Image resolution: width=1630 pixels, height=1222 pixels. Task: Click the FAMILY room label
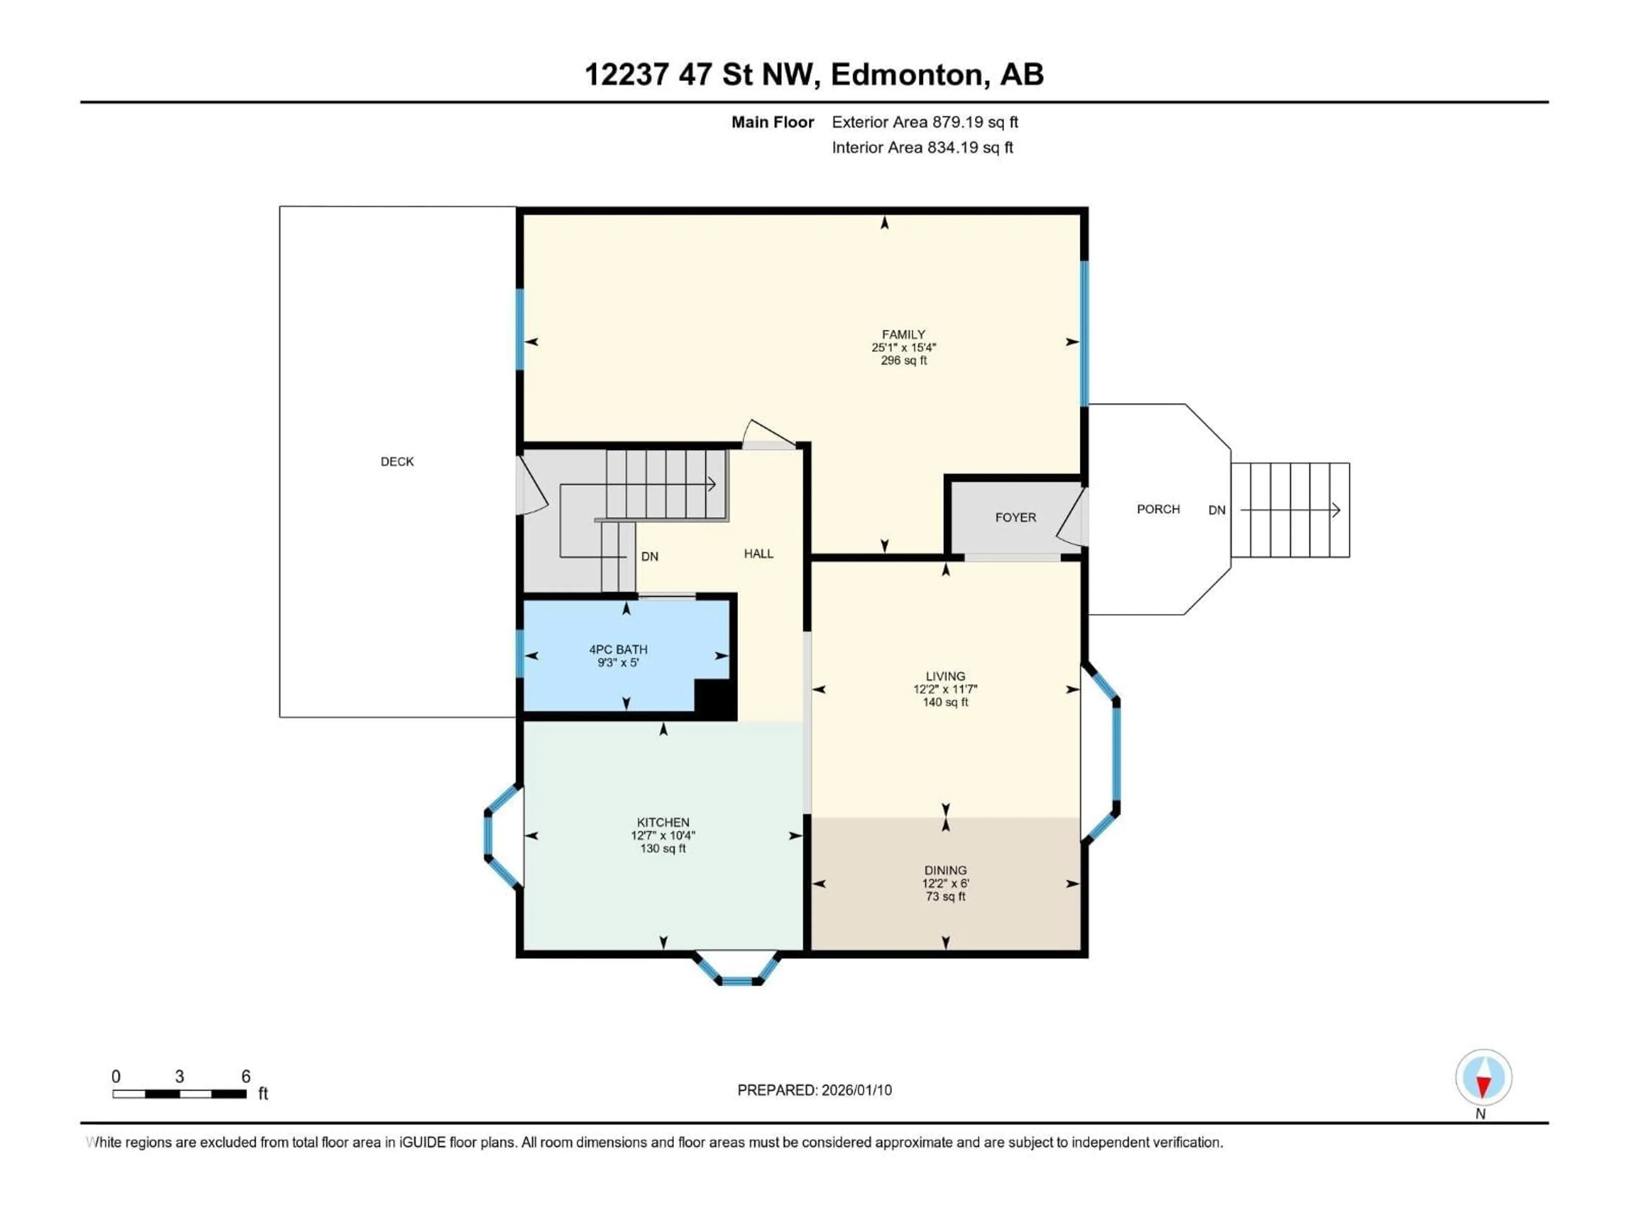coord(903,334)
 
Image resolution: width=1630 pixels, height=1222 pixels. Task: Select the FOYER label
coord(1015,518)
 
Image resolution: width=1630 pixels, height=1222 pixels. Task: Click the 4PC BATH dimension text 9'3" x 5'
coord(618,663)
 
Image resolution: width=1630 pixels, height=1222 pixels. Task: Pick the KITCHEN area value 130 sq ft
coord(663,849)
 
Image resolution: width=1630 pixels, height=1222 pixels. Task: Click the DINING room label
coord(945,871)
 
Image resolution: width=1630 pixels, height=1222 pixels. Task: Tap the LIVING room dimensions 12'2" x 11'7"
coord(945,689)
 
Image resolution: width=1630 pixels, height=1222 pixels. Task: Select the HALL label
coord(758,554)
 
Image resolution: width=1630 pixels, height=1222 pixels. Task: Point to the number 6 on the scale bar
coord(246,1076)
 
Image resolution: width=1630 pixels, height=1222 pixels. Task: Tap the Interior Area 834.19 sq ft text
coord(922,147)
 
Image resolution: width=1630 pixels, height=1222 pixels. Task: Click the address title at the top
coord(814,74)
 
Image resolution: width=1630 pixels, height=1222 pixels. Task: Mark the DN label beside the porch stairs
coord(1217,510)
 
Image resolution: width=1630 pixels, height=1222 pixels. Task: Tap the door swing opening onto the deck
coord(531,486)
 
